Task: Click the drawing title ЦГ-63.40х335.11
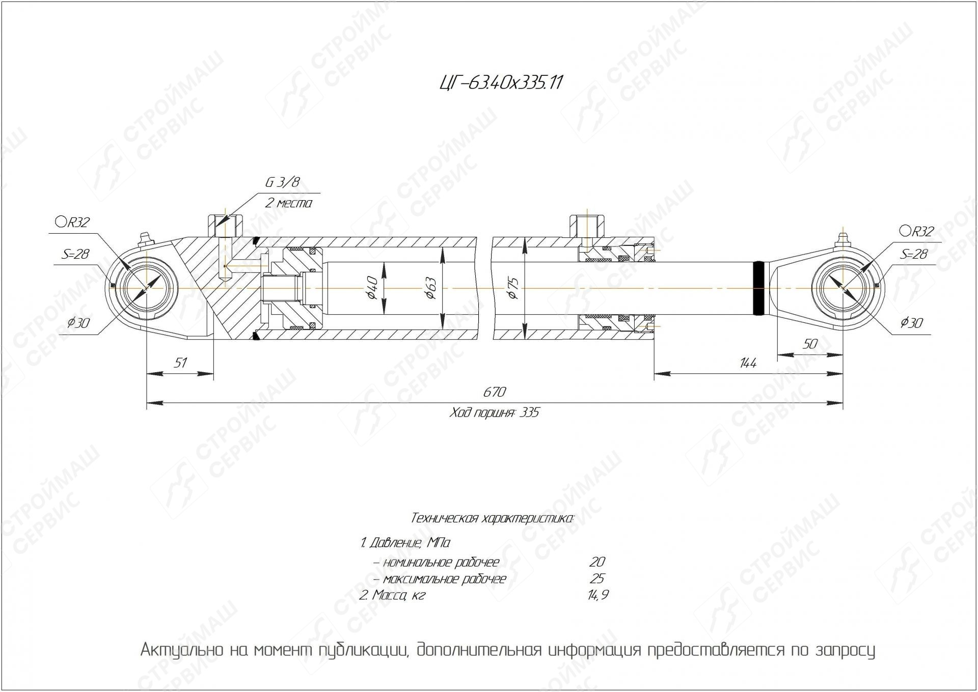501,82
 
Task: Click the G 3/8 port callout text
282,182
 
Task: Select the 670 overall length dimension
494,392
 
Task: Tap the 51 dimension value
180,363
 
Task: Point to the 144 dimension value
748,363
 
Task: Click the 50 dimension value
809,344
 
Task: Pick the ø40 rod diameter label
372,288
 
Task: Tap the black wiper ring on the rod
759,288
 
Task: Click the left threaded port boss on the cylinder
225,226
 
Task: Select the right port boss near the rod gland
587,226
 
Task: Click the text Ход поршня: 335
494,412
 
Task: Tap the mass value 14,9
597,595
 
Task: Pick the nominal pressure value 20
596,562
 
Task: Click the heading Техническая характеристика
492,519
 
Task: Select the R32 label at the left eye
73,222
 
